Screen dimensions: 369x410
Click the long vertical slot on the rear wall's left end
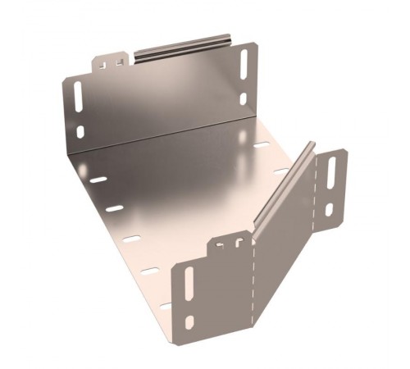pos(77,99)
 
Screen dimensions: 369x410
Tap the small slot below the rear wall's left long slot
pos(80,131)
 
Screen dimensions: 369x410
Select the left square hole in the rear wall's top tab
pos(106,61)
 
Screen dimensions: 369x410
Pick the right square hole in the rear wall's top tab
pos(120,60)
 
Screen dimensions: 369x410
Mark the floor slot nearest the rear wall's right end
pos(262,146)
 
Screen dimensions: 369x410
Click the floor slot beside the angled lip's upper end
pos(281,171)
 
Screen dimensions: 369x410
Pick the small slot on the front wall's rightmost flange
pos(329,209)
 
